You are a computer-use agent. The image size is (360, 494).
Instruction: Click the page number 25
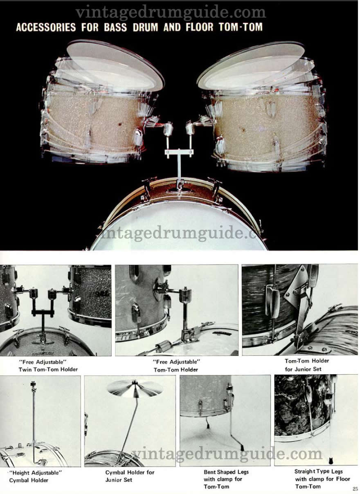[355, 489]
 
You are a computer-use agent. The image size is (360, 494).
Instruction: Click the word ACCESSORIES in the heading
[46, 27]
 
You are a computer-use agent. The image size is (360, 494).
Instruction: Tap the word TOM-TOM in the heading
[241, 27]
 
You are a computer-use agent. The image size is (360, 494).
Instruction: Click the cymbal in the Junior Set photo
[135, 388]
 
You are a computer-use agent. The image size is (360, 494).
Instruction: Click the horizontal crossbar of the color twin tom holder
[179, 152]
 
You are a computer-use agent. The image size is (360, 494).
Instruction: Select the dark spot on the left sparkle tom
[120, 124]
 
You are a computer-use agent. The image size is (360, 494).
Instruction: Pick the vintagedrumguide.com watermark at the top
[171, 13]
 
